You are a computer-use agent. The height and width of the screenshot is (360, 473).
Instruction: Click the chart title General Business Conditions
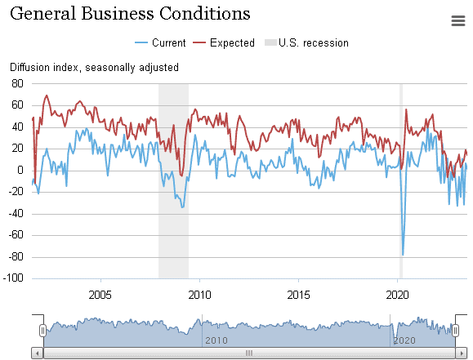(x=130, y=14)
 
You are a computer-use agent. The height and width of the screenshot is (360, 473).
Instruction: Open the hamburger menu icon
(x=458, y=21)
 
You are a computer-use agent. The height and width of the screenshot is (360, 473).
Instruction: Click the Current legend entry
(x=160, y=42)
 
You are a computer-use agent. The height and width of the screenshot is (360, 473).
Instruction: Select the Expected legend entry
(x=224, y=42)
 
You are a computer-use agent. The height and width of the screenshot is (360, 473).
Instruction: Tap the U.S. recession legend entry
(x=306, y=42)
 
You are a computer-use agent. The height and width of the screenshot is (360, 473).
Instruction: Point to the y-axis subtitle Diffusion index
(x=45, y=67)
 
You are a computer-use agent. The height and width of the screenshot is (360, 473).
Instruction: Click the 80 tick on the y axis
(x=17, y=83)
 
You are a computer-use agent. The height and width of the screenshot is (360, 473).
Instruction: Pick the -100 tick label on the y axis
(x=13, y=278)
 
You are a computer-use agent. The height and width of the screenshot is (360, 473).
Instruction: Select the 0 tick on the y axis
(x=20, y=171)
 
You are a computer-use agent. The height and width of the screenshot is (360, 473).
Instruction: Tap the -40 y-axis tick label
(x=16, y=214)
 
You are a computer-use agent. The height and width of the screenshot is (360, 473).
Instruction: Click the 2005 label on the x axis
(x=100, y=295)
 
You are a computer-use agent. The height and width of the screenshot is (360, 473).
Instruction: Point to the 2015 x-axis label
(x=298, y=295)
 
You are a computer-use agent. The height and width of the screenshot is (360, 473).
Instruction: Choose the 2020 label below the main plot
(x=397, y=295)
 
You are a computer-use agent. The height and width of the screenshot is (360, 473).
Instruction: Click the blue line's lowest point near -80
(x=403, y=255)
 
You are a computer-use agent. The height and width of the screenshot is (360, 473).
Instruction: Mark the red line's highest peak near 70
(x=47, y=96)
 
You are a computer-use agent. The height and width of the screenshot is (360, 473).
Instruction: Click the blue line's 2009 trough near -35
(x=182, y=207)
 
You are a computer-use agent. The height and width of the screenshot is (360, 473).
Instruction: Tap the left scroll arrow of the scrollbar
(x=38, y=353)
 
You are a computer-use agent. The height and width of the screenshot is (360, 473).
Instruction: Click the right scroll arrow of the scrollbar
(x=462, y=353)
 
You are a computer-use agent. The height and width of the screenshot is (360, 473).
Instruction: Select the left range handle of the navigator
(x=42, y=331)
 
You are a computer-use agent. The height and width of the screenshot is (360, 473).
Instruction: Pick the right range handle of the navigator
(x=455, y=331)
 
